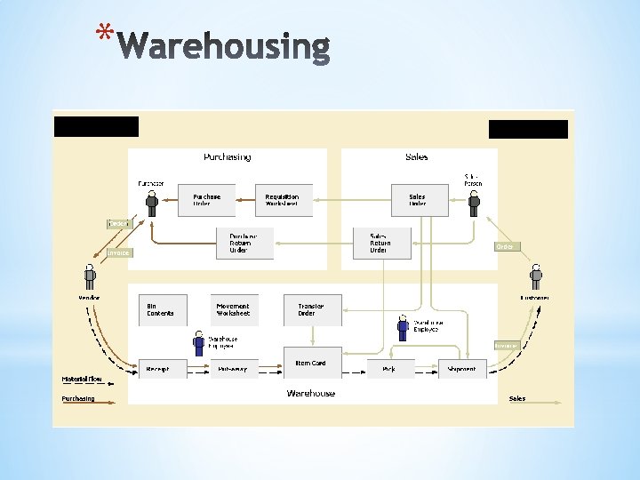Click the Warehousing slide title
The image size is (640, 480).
pos(223,47)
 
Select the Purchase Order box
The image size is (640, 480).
pos(207,200)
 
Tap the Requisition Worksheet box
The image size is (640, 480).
pos(282,200)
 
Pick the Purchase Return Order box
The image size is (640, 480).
pos(244,243)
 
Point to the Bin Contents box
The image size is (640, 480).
pos(163,309)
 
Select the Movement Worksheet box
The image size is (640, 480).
pos(235,309)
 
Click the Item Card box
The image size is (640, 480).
pos(311,363)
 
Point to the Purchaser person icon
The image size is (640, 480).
pos(152,203)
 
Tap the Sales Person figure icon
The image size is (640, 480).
pos(474,203)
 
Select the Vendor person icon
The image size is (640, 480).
pos(90,276)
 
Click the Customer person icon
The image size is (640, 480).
pos(536,276)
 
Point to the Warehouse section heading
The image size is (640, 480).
pos(311,393)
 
